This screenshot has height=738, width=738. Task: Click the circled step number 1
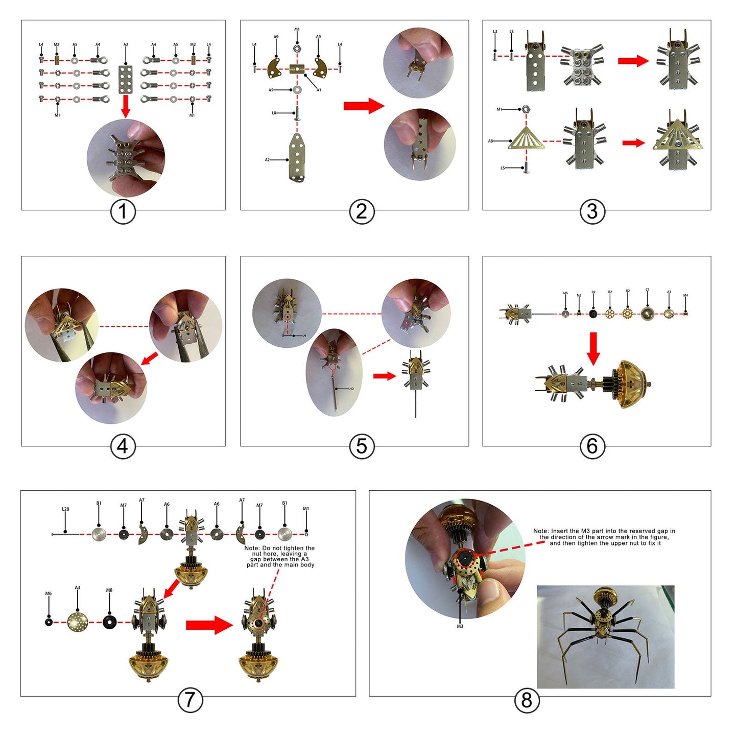click(x=123, y=211)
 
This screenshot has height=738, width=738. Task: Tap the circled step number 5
click(x=362, y=446)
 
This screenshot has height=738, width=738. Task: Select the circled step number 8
click(x=527, y=699)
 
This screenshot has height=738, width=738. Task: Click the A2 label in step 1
click(x=126, y=45)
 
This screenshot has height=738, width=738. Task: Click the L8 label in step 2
click(x=274, y=113)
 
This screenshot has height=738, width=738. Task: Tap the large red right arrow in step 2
click(x=363, y=106)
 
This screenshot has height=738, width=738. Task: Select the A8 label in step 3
click(x=490, y=141)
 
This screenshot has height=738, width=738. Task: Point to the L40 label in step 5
click(x=350, y=389)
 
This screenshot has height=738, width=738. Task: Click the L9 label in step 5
click(x=303, y=336)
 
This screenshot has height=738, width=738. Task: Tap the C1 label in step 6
click(x=647, y=290)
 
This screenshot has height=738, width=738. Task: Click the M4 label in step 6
click(x=685, y=296)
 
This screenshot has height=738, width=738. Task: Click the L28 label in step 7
click(x=65, y=509)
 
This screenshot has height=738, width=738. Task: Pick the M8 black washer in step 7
click(x=109, y=622)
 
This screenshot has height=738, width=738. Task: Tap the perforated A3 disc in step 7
click(x=78, y=622)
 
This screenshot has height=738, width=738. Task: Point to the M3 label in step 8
click(x=460, y=626)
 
